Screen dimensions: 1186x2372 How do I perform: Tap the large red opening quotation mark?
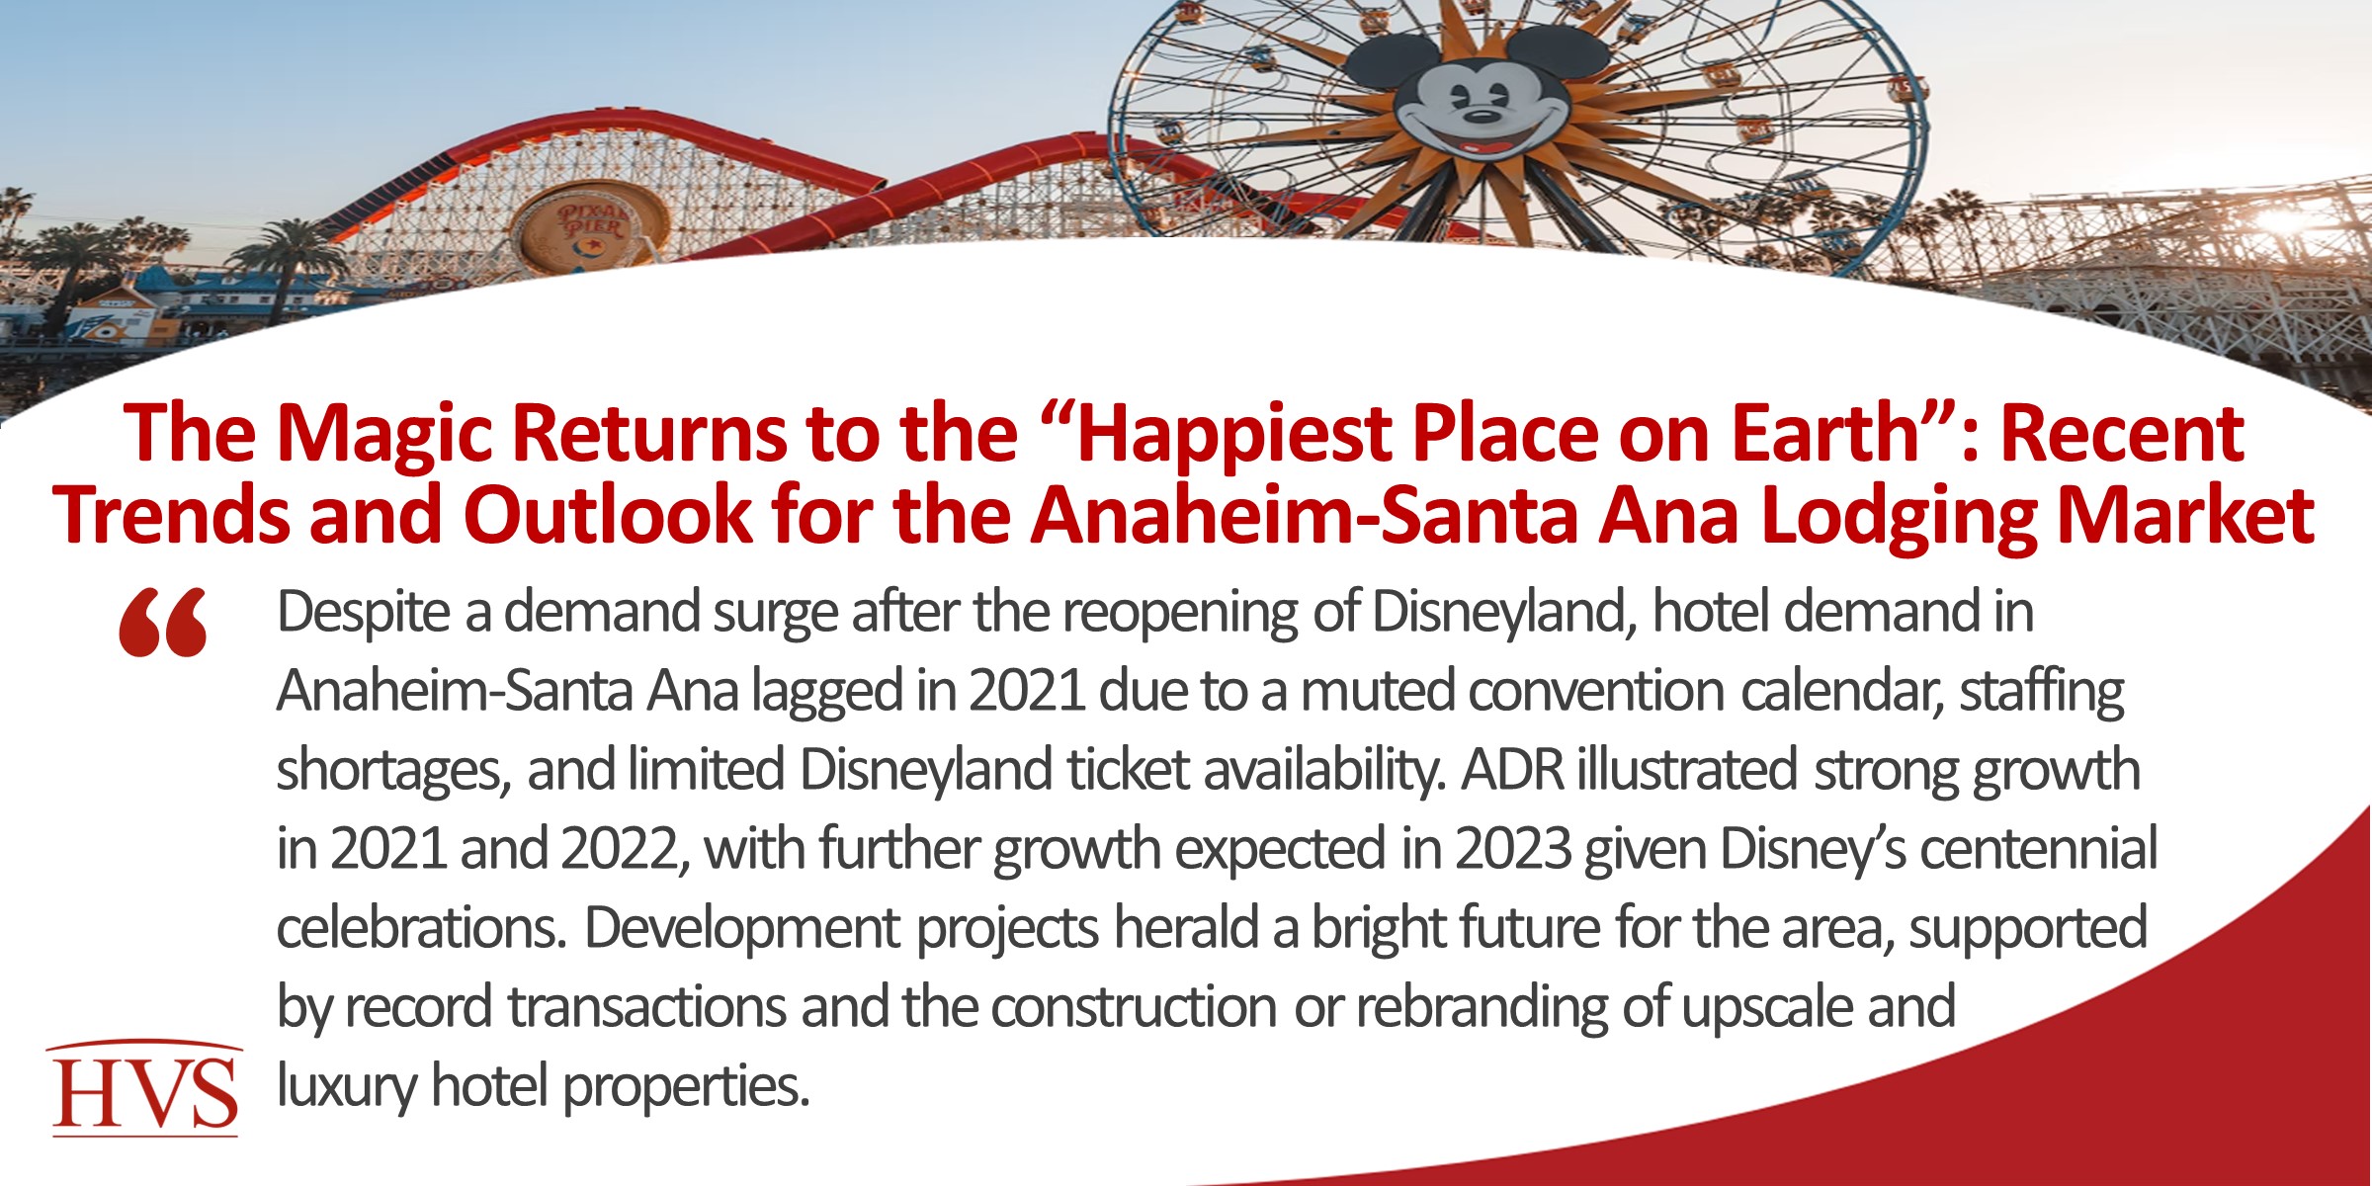(x=163, y=624)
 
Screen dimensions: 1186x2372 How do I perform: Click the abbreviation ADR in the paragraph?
(x=1513, y=770)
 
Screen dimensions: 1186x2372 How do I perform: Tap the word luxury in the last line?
(x=345, y=1087)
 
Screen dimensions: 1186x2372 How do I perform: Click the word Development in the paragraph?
(x=742, y=929)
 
